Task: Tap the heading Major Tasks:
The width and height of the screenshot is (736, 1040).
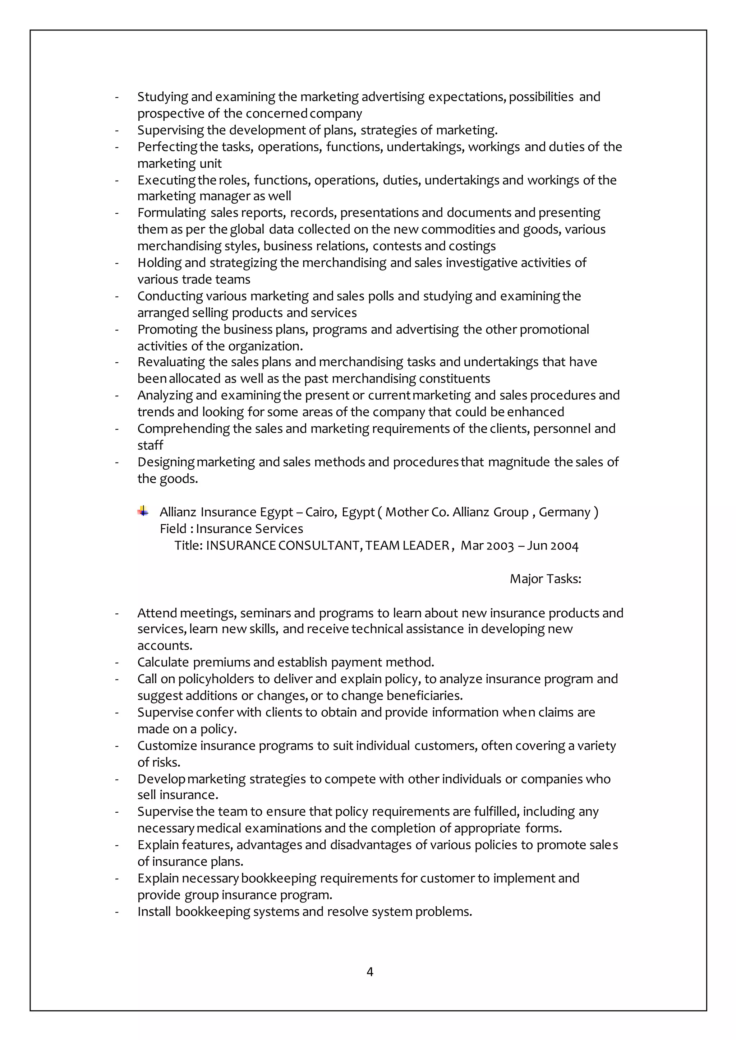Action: tap(545, 579)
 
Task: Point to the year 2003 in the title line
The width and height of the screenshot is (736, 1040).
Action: tap(500, 545)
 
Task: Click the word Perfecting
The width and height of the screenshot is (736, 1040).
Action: tap(167, 147)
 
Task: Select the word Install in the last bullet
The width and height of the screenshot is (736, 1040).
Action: tap(154, 911)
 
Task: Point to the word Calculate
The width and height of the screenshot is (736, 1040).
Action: tap(163, 662)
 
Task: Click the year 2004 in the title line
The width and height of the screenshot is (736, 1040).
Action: tap(564, 545)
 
